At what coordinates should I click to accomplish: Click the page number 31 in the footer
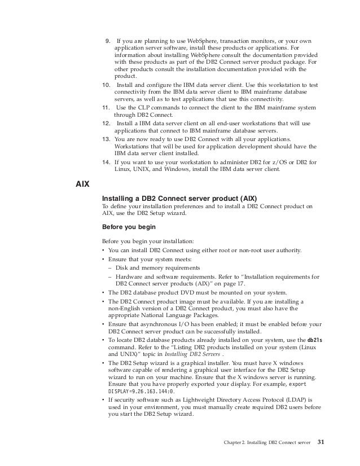click(x=322, y=441)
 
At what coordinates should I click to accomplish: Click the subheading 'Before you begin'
click(x=125, y=228)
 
